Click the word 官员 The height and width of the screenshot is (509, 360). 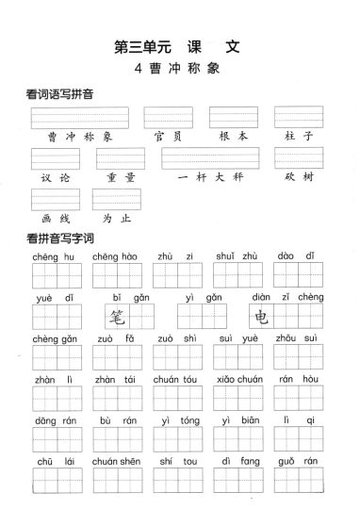coord(168,137)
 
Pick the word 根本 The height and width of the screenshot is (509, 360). coord(233,137)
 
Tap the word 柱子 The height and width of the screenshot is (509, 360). coord(299,137)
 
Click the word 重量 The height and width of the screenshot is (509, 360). coord(121,176)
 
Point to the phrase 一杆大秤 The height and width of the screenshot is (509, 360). coord(209,176)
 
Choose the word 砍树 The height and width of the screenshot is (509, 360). coord(299,176)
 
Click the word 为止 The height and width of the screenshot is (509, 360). coord(116,217)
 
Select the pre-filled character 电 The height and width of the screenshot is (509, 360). coord(262,317)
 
